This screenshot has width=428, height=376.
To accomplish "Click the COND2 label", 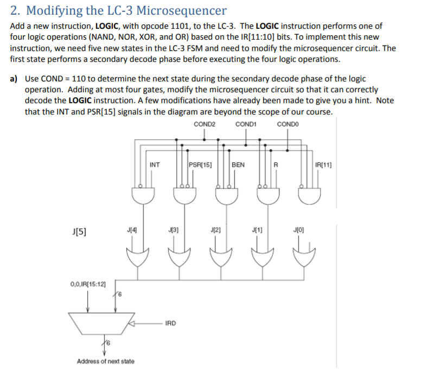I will (204, 125).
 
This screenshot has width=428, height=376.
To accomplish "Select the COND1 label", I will (246, 125).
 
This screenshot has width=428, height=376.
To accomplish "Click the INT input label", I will (155, 164).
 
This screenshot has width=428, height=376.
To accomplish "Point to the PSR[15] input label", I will (200, 164).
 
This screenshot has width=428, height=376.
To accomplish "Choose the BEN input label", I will (238, 164).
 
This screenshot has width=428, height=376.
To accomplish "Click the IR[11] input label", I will (324, 164).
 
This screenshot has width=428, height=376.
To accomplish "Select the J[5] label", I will (79, 232).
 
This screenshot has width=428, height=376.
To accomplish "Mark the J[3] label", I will (173, 230).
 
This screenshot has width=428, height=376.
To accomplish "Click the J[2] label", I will (214, 230).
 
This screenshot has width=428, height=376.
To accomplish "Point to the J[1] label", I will (257, 230).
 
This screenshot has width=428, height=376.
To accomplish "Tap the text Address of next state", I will (106, 361).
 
